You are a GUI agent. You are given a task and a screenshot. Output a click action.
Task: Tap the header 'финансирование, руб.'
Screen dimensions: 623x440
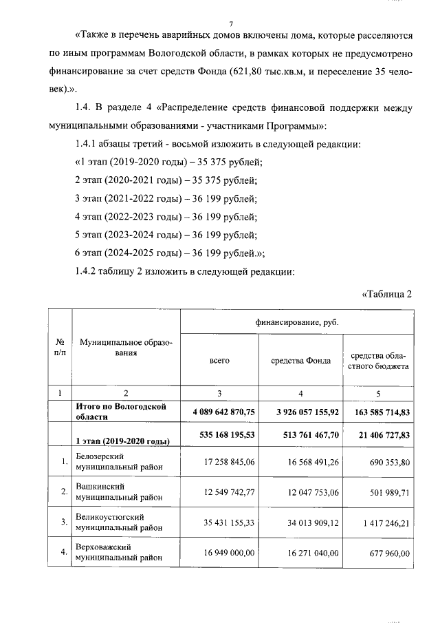297,321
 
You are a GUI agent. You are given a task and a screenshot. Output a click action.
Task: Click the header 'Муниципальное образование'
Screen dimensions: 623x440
125,347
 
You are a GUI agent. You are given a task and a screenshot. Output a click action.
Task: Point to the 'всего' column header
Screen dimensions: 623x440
219,361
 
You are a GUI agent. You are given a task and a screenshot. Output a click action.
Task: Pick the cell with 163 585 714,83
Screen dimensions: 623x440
378,412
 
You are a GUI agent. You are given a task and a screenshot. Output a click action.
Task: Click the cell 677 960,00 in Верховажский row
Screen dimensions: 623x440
386,553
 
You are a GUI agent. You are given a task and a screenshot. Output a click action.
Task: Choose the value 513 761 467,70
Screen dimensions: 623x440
301,436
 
